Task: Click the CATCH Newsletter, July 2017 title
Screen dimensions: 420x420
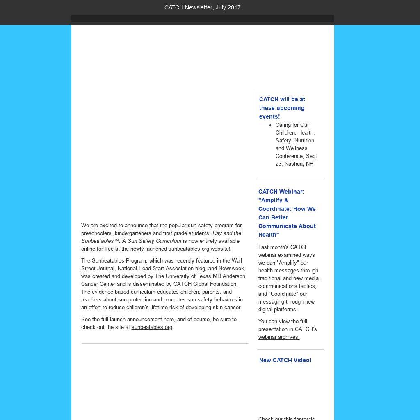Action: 202,7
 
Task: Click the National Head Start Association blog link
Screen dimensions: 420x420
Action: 161,269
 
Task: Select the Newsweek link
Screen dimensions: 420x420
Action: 231,269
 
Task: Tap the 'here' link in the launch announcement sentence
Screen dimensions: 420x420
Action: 169,320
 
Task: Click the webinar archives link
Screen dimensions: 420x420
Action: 278,337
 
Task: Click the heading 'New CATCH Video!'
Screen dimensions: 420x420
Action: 285,360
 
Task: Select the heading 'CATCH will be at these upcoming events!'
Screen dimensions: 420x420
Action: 282,108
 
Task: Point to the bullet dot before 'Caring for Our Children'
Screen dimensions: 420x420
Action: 270,125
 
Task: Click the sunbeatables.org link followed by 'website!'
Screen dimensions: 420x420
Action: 189,249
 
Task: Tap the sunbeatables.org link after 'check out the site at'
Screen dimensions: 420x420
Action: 152,327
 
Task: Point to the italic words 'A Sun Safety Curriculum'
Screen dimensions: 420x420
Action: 152,241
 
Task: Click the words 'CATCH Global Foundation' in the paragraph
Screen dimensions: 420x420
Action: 205,284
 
